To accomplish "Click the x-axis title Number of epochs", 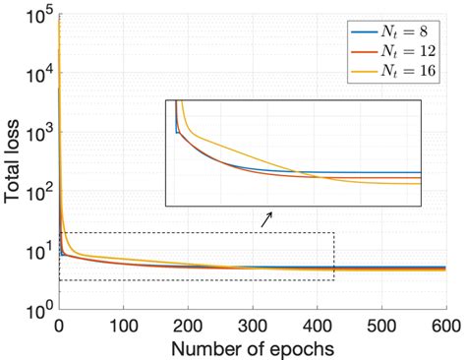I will [x=253, y=348].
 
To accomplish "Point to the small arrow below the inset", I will [x=265, y=220].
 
